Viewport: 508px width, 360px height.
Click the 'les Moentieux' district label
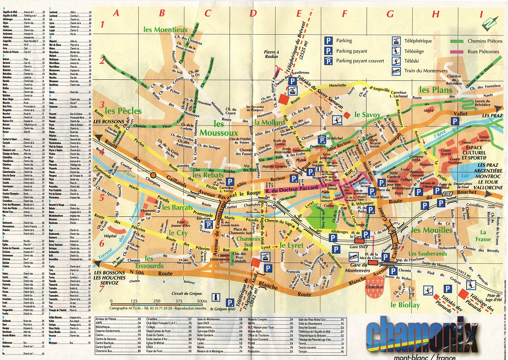click(165, 29)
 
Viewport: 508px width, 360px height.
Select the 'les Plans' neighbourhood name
click(435, 89)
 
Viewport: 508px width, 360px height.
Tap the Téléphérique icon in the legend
click(395, 40)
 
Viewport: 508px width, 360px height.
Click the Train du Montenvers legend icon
click(395, 70)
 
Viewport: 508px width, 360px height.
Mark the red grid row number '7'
click(102, 287)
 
